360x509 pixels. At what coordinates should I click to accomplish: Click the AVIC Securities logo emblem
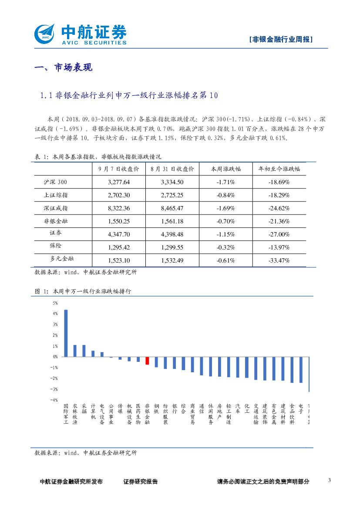[45, 33]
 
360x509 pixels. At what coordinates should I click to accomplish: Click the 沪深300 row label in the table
[56, 182]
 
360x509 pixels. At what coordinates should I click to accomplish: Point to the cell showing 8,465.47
[172, 208]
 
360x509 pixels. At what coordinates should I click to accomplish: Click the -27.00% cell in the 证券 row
[279, 234]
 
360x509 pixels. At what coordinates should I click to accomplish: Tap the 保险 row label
[56, 246]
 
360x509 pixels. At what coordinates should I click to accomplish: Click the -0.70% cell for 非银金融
[225, 221]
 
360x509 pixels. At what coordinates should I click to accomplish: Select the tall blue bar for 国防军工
[66, 333]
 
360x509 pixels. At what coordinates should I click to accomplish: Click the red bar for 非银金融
[147, 361]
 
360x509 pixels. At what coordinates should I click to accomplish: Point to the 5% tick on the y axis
[55, 303]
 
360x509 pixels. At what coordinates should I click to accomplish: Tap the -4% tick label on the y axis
[54, 400]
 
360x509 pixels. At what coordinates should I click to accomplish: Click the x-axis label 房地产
[219, 414]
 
